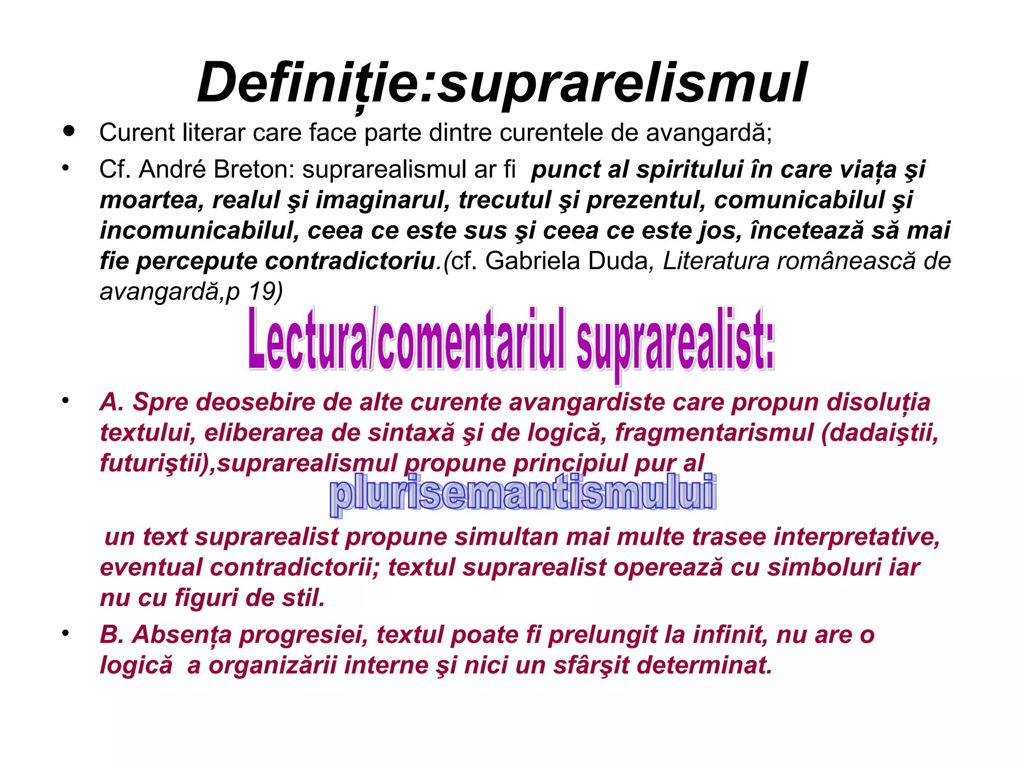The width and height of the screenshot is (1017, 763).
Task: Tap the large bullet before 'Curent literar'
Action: tap(69, 132)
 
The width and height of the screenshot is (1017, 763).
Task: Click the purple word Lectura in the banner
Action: tap(308, 340)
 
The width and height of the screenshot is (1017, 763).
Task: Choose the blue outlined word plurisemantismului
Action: tap(522, 493)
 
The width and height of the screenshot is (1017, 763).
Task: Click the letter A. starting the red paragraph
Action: tap(111, 402)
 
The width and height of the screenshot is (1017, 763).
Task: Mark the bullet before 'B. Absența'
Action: tap(65, 634)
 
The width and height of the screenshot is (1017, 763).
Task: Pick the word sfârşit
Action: tap(591, 666)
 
